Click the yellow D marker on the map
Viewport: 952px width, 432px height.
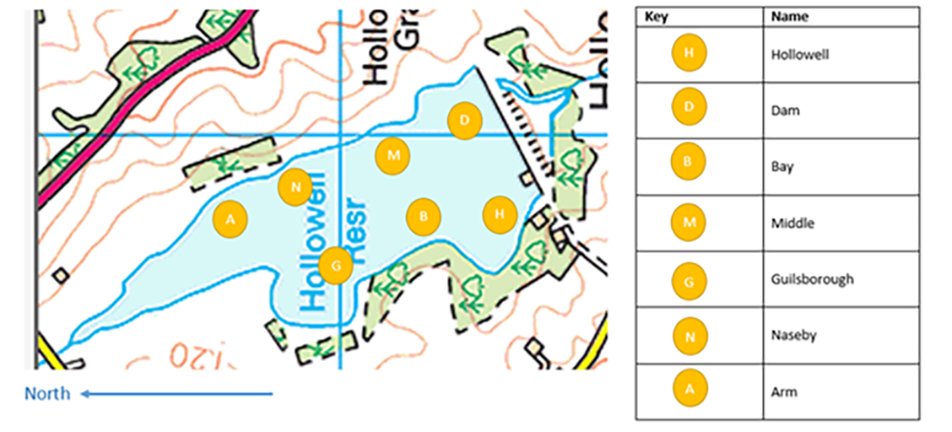pyautogui.click(x=464, y=121)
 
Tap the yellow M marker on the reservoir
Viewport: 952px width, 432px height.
pyautogui.click(x=393, y=155)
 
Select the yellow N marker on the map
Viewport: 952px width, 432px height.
pyautogui.click(x=295, y=188)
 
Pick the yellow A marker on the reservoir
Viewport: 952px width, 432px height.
pyautogui.click(x=231, y=218)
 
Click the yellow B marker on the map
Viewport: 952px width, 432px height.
pyautogui.click(x=424, y=217)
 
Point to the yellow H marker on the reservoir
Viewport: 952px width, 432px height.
pyautogui.click(x=500, y=215)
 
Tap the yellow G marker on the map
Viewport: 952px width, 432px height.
pyautogui.click(x=336, y=266)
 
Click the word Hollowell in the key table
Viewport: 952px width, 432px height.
pyautogui.click(x=800, y=54)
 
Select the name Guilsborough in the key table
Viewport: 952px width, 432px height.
pyautogui.click(x=812, y=279)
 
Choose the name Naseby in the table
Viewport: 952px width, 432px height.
pyautogui.click(x=793, y=335)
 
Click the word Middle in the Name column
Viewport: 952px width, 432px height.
pyautogui.click(x=791, y=223)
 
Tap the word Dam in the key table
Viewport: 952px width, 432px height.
pyautogui.click(x=786, y=110)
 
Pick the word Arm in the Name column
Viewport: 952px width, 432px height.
pyautogui.click(x=784, y=391)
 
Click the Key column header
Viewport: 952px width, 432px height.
pyautogui.click(x=655, y=16)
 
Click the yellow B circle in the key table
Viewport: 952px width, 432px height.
pyautogui.click(x=688, y=165)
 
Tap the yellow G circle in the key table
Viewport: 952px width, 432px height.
pyautogui.click(x=688, y=279)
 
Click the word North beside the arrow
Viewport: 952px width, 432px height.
pyautogui.click(x=47, y=394)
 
